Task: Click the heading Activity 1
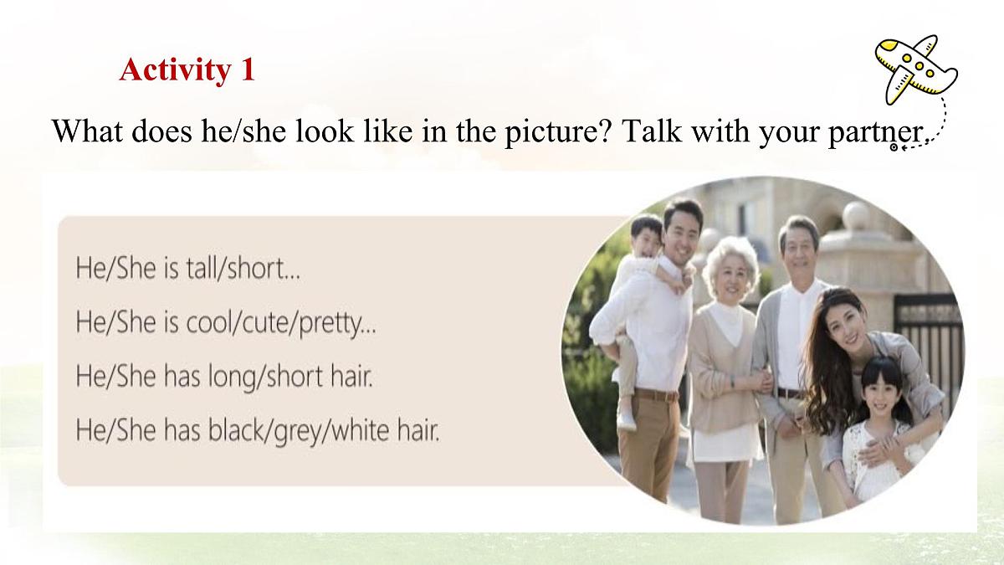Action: [x=187, y=69]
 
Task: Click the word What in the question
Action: [x=89, y=131]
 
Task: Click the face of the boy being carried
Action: [x=647, y=236]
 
